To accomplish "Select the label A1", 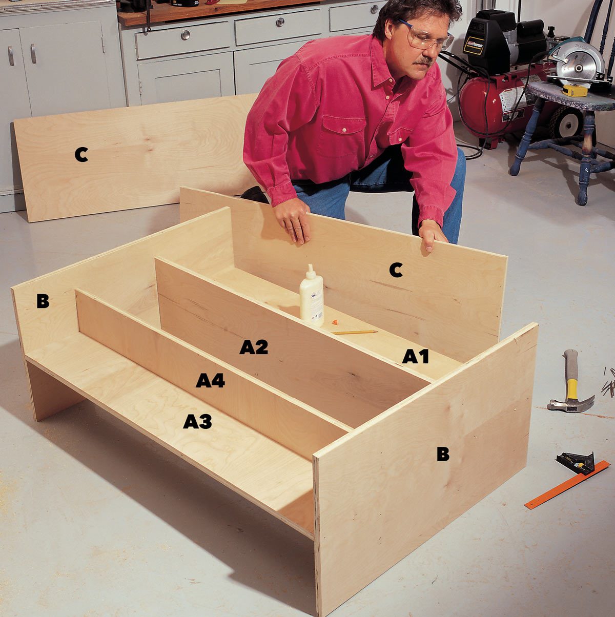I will click(415, 356).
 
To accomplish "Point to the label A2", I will click(254, 347).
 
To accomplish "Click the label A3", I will click(197, 421).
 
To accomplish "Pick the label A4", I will click(210, 381).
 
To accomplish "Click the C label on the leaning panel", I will click(81, 154).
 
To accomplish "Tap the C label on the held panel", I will click(396, 270).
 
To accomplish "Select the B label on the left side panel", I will click(43, 301).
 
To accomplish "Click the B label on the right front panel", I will click(443, 454).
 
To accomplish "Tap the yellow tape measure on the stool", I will click(575, 91).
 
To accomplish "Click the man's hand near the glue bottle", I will click(293, 220).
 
